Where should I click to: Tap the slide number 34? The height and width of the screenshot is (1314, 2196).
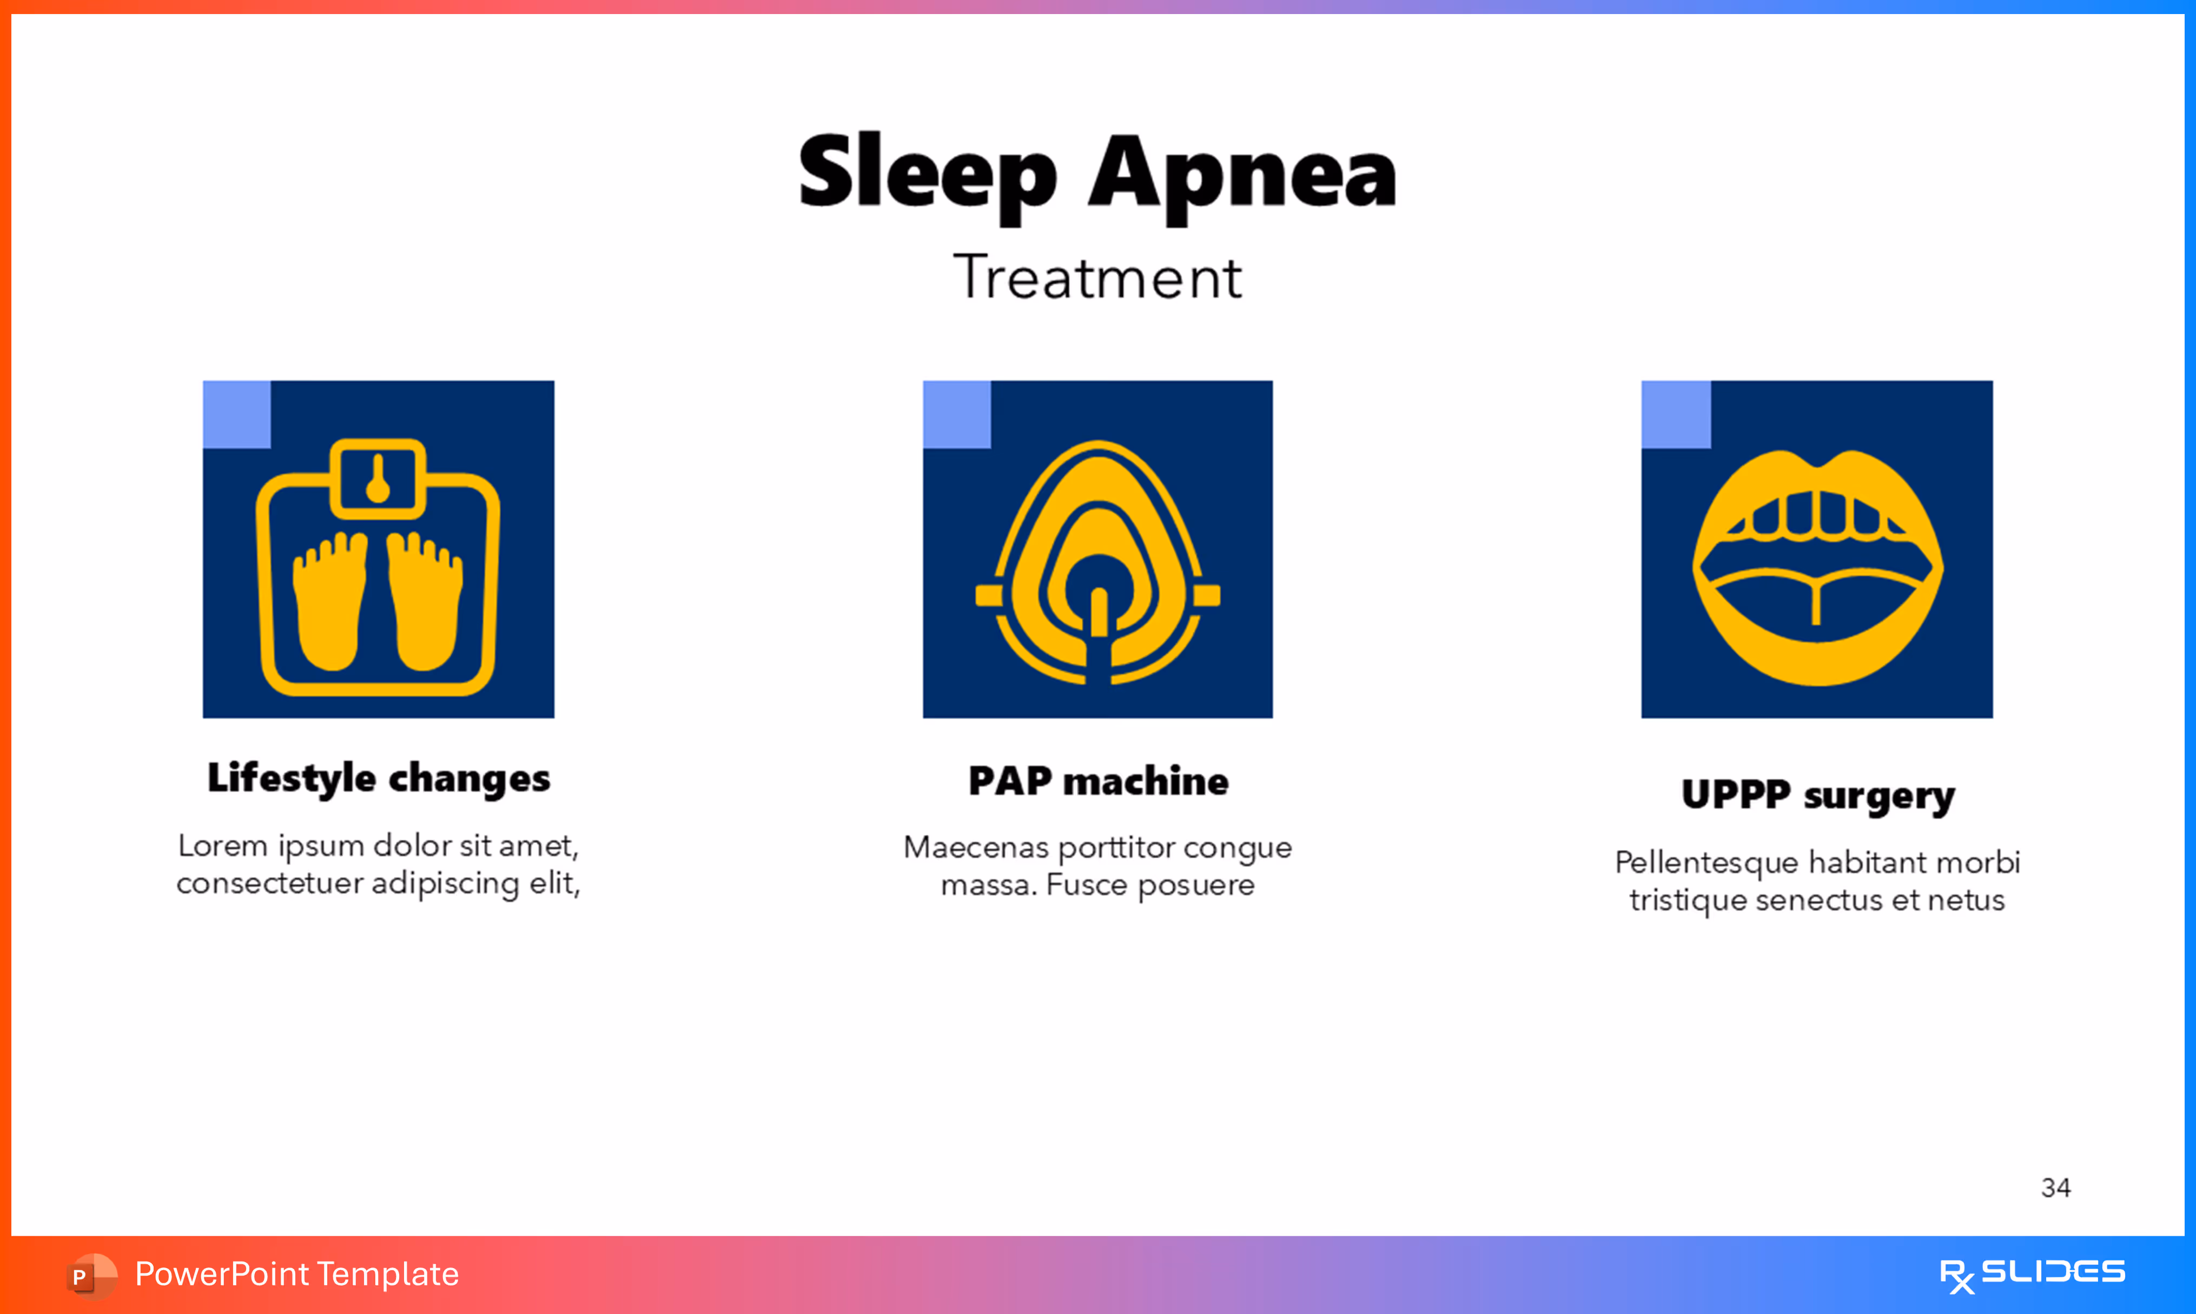2055,1187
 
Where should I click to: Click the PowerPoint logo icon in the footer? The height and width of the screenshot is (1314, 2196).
91,1275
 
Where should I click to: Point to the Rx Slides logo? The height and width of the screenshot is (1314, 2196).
2032,1274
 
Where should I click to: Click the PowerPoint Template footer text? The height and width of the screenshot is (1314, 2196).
296,1274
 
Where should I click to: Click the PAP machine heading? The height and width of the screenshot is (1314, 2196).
1098,781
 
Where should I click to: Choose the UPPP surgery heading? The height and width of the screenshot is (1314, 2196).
1817,795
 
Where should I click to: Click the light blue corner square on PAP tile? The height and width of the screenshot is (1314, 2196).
956,414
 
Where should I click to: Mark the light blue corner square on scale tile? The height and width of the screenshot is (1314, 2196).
236,414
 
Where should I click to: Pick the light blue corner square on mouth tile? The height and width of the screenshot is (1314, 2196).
1675,414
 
